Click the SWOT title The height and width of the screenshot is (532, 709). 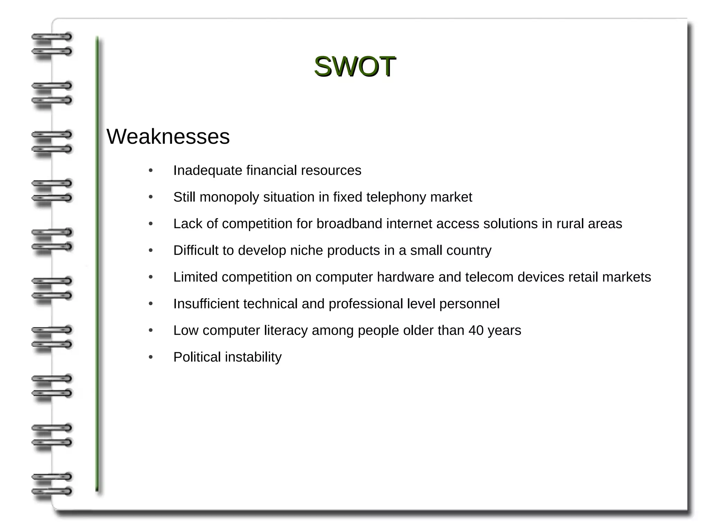tap(354, 66)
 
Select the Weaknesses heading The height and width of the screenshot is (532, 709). tap(168, 136)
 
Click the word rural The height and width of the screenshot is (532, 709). tap(570, 224)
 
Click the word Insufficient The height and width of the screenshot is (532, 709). tap(206, 304)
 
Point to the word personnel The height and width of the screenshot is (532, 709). tap(469, 304)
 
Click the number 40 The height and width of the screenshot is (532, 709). tap(476, 330)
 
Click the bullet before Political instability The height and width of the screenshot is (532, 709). tap(151, 357)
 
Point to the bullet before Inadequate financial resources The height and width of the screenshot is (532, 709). tap(151, 170)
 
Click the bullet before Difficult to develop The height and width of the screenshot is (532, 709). tap(151, 250)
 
